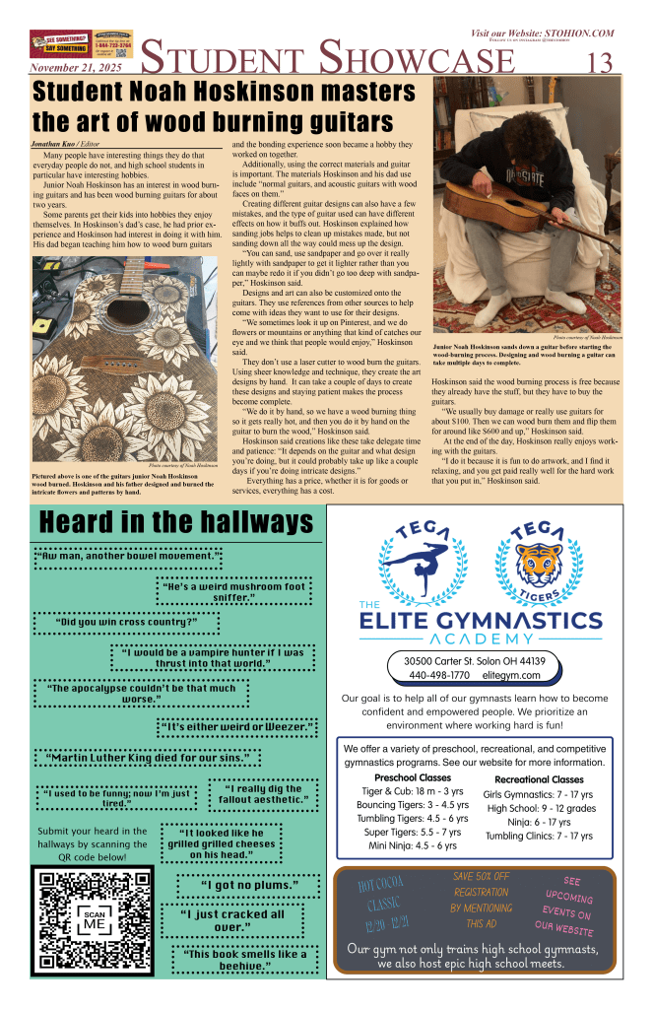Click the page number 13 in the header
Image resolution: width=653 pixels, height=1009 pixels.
pos(600,62)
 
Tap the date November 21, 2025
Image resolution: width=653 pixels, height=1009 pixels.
pos(74,69)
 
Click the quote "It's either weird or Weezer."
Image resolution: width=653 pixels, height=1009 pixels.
pos(237,727)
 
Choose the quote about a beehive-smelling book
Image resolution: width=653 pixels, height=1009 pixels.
pos(240,960)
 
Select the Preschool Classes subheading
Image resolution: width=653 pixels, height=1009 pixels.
pos(399,778)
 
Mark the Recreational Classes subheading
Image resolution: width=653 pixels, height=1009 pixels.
pos(539,779)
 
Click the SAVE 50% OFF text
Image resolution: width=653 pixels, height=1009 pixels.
pos(482,876)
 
